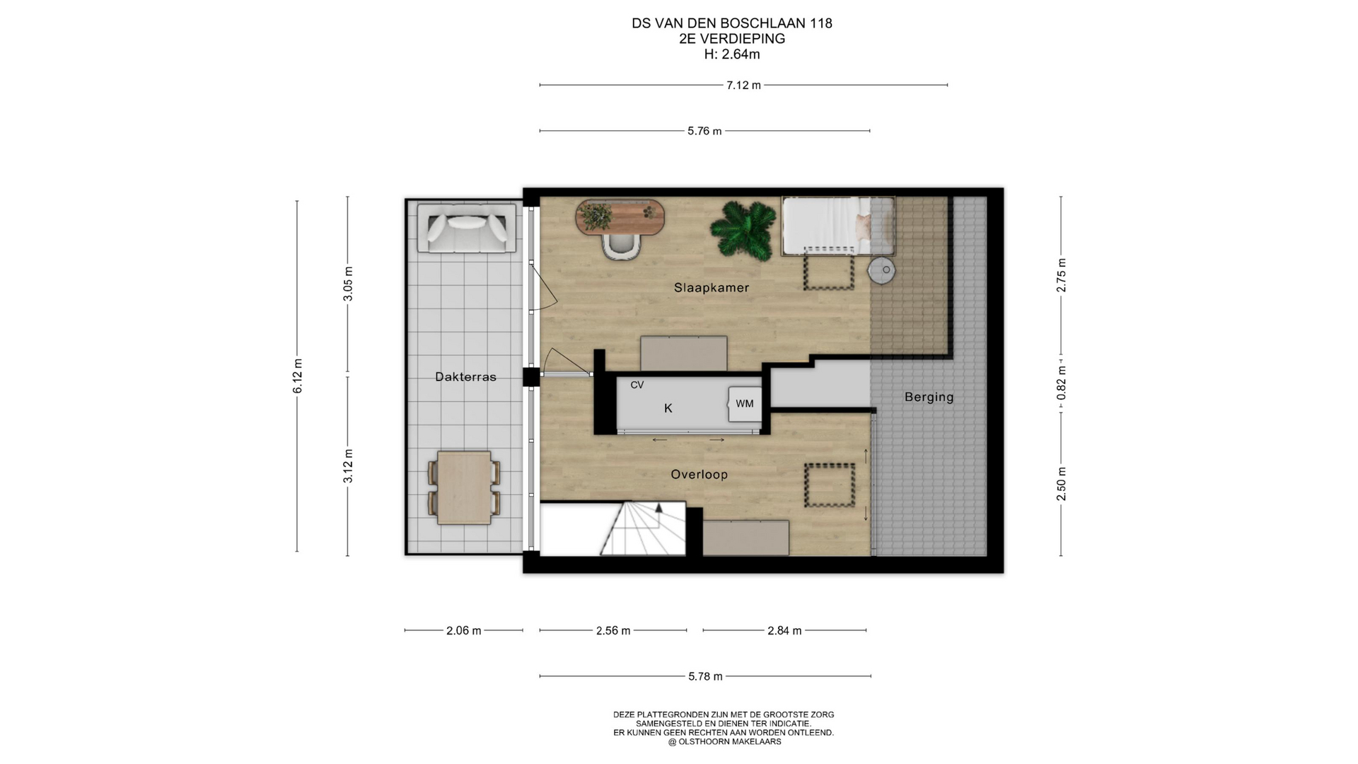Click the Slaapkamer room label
click(711, 288)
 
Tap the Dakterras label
click(465, 377)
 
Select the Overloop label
click(699, 475)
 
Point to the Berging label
click(929, 398)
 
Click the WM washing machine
click(745, 404)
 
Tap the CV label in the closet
click(637, 385)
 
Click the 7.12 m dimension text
click(743, 86)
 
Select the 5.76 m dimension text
click(704, 131)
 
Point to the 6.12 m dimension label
click(298, 376)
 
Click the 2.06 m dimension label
click(463, 631)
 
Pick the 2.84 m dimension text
click(784, 631)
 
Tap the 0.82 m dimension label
click(1061, 383)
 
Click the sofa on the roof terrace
click(466, 228)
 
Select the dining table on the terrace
click(464, 488)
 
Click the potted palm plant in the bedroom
click(743, 230)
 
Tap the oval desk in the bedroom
click(620, 217)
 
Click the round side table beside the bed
click(881, 270)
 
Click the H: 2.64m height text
click(732, 54)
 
